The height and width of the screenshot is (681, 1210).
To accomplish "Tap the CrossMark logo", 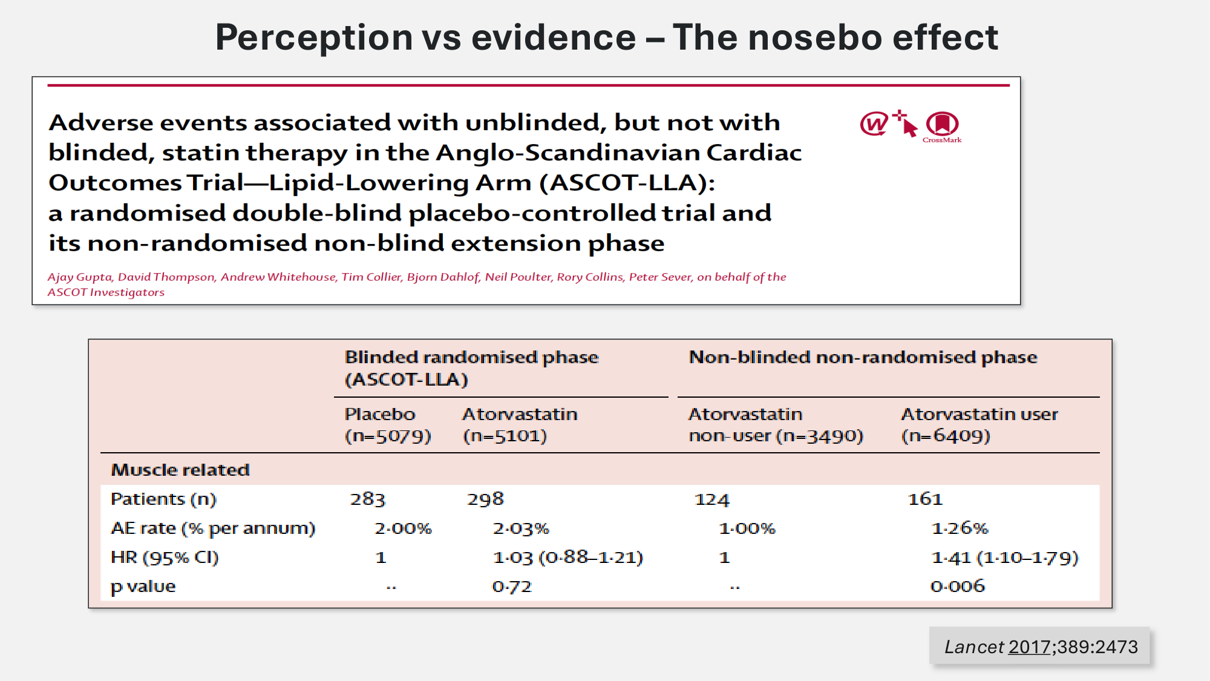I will (942, 126).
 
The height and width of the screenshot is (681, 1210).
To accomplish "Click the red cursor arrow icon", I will (906, 123).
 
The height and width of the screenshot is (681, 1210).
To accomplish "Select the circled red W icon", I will (874, 124).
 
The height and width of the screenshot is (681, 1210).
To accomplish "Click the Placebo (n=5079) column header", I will (387, 425).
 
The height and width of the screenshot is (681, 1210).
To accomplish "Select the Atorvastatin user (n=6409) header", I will (979, 425).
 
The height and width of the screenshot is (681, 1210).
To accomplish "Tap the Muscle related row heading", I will (180, 470).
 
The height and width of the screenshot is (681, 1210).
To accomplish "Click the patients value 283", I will (367, 499).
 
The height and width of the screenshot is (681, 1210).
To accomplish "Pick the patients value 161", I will (925, 499).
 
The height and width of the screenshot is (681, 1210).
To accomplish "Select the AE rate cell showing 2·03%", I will (521, 528).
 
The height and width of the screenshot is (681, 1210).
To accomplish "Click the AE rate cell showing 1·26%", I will (960, 528).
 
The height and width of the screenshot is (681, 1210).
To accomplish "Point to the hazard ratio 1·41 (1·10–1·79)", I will (1004, 558).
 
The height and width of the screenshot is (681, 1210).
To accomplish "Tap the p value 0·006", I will (958, 586).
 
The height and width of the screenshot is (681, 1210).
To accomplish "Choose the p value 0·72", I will (512, 587).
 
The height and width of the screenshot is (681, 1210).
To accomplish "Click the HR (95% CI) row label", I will (165, 558).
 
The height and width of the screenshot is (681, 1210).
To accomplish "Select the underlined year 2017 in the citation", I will (1029, 647).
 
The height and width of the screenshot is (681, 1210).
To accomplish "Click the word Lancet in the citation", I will (974, 647).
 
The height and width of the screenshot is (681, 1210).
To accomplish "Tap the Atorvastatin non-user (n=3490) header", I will (776, 425).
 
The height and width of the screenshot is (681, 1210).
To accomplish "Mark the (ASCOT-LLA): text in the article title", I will (627, 183).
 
